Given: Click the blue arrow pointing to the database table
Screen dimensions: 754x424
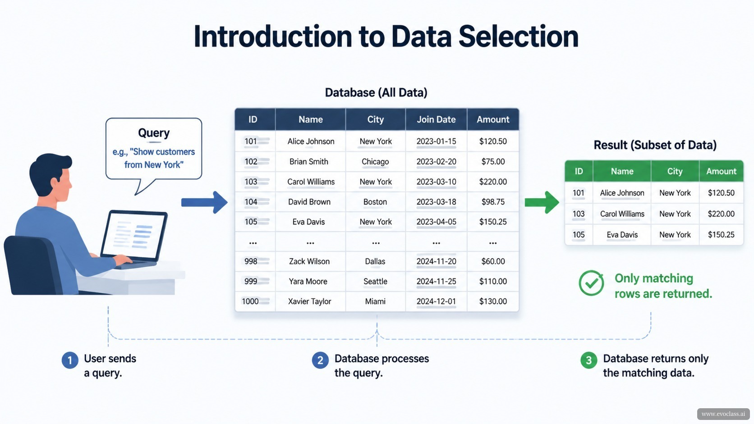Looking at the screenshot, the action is [204, 202].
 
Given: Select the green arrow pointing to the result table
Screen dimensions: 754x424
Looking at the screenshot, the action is [542, 202].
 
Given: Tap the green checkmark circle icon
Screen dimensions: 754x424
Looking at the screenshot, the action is [591, 283].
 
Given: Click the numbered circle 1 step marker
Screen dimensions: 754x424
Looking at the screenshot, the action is [70, 360].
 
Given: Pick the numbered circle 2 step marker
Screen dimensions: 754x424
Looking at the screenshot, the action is [320, 360].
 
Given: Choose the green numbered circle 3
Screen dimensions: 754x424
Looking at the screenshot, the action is [589, 360].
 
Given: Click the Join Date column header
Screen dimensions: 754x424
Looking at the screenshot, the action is [436, 119].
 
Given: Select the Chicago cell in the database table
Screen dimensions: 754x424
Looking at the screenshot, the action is [375, 162].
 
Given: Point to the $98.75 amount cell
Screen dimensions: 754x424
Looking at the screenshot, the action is [493, 202].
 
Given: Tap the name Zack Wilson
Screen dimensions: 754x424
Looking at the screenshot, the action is [309, 261].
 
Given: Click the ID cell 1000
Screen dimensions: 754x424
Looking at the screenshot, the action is [250, 301].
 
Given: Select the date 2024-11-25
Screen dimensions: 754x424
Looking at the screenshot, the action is [436, 282].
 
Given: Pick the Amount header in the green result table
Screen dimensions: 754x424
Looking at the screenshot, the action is [721, 171].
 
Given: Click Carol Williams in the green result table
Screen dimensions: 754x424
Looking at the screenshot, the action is [622, 214].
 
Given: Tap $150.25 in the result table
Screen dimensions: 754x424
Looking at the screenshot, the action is [721, 235].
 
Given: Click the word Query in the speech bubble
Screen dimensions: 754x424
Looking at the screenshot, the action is [154, 133].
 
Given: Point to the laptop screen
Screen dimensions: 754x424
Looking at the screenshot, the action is [134, 235].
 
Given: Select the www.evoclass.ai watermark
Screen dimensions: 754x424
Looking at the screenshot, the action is [723, 414].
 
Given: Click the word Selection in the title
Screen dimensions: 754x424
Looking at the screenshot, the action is [519, 36].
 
